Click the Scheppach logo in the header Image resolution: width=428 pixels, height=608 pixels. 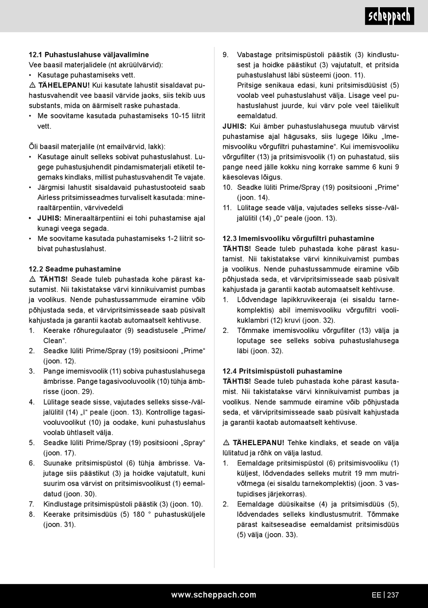[x=389, y=16]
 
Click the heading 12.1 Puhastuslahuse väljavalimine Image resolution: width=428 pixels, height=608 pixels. [x=89, y=55]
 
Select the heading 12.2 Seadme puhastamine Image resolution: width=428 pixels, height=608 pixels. [x=75, y=269]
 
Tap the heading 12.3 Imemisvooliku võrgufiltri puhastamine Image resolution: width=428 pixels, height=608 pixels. [x=298, y=238]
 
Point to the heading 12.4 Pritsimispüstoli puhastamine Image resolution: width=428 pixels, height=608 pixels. [x=282, y=371]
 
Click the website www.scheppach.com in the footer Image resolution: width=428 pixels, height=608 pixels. [x=214, y=595]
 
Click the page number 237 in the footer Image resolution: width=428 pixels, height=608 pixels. [x=393, y=595]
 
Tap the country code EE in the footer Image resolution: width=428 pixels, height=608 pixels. [x=376, y=595]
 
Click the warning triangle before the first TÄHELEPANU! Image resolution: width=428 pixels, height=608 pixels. [x=32, y=85]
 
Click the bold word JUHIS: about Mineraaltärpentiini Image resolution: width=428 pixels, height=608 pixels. [x=49, y=218]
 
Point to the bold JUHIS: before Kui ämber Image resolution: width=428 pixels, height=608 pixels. [x=234, y=126]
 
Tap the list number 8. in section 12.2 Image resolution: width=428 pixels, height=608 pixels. [x=32, y=514]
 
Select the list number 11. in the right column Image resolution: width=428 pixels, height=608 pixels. [x=227, y=208]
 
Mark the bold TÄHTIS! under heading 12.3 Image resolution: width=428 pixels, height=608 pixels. [x=237, y=249]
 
